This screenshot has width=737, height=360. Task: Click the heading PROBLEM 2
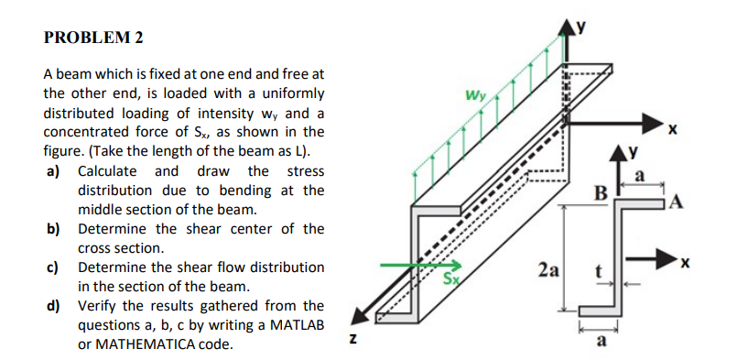(x=93, y=38)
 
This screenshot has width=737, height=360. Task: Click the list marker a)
(x=53, y=171)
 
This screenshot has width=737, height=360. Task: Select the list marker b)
(x=53, y=229)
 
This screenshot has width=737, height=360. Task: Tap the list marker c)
(x=53, y=267)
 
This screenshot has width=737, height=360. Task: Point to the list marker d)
(x=53, y=306)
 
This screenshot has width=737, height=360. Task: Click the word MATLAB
(x=293, y=325)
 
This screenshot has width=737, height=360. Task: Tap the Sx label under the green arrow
(x=452, y=278)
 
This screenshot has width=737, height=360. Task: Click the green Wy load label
(x=475, y=95)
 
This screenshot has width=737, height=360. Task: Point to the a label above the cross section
(x=641, y=174)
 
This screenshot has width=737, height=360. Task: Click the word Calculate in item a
(x=107, y=171)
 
